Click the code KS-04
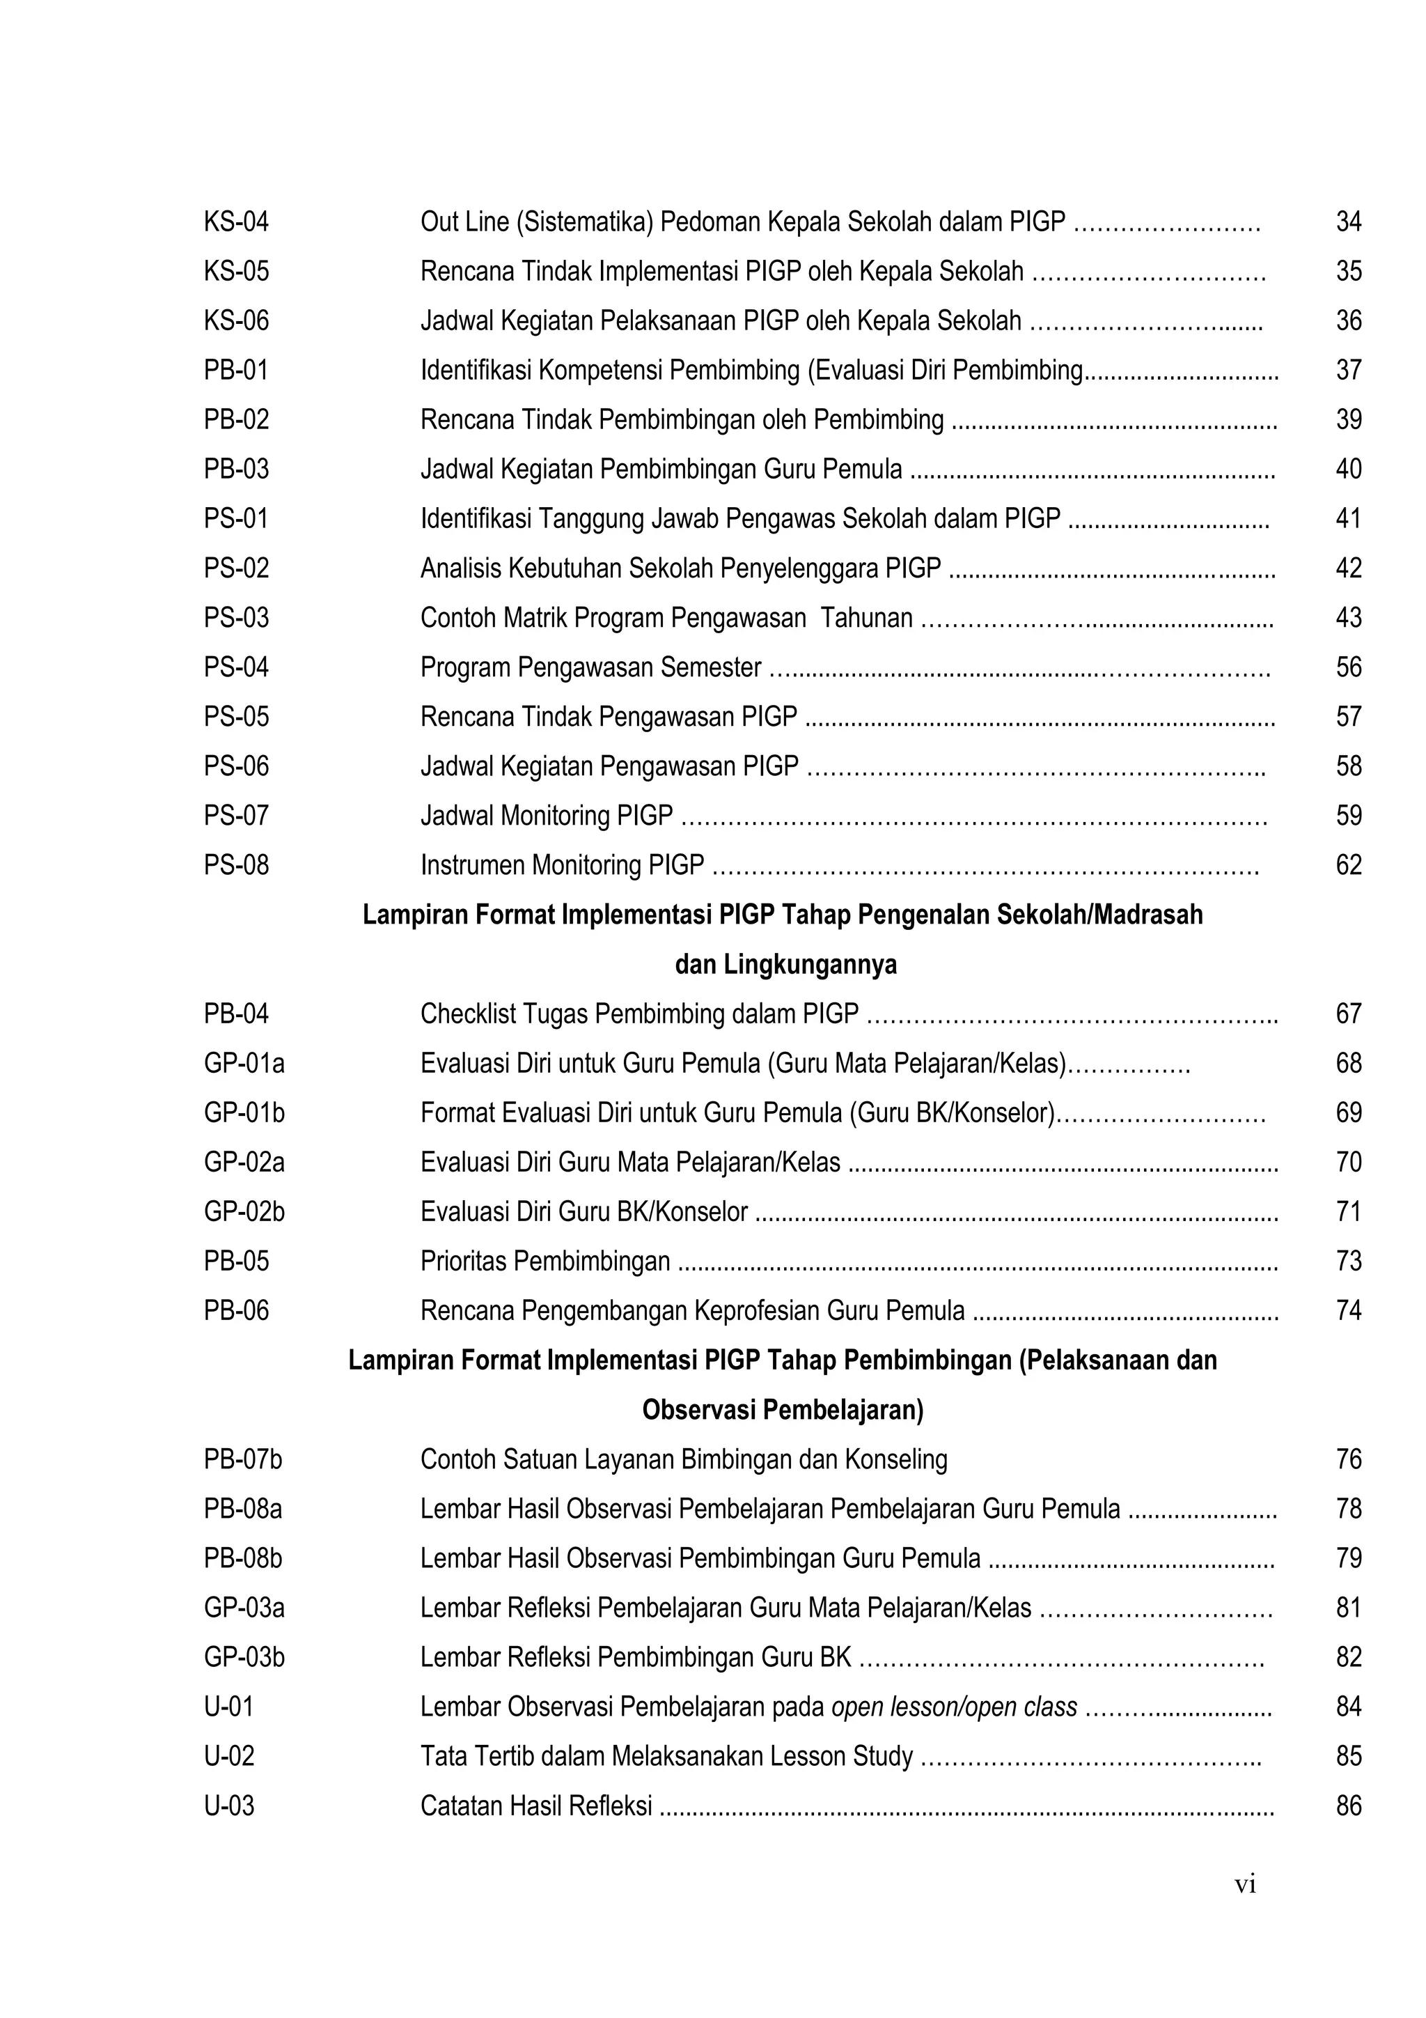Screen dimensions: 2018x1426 coord(236,222)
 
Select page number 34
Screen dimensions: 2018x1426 coord(1348,222)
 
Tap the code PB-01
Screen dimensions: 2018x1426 coord(236,370)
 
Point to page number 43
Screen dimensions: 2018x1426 coord(1348,618)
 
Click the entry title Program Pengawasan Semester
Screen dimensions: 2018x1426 coord(590,668)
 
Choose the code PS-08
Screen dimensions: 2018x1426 coord(236,866)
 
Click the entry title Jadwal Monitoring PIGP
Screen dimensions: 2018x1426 coord(547,816)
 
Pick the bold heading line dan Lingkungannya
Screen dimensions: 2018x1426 coord(785,965)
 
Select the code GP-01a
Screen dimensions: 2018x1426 coord(244,1064)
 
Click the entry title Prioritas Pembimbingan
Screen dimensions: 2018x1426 coord(544,1262)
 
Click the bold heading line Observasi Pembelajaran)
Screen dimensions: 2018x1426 coord(783,1411)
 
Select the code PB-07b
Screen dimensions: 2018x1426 coord(244,1460)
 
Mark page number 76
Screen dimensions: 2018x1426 coord(1348,1460)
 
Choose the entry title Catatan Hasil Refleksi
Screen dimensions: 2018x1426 coord(536,1806)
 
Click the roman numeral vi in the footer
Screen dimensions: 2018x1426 coord(1245,1884)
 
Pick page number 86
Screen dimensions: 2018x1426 coord(1348,1806)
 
